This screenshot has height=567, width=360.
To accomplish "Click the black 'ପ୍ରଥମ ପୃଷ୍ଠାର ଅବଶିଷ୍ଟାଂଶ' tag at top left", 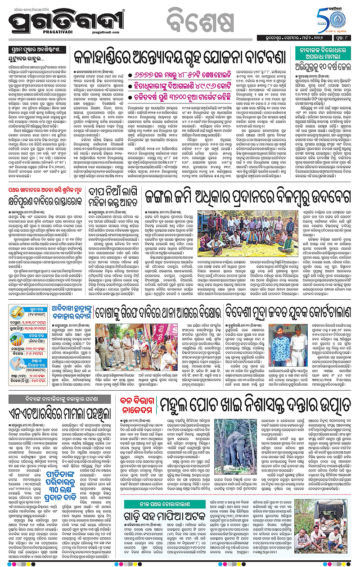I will [30, 50].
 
